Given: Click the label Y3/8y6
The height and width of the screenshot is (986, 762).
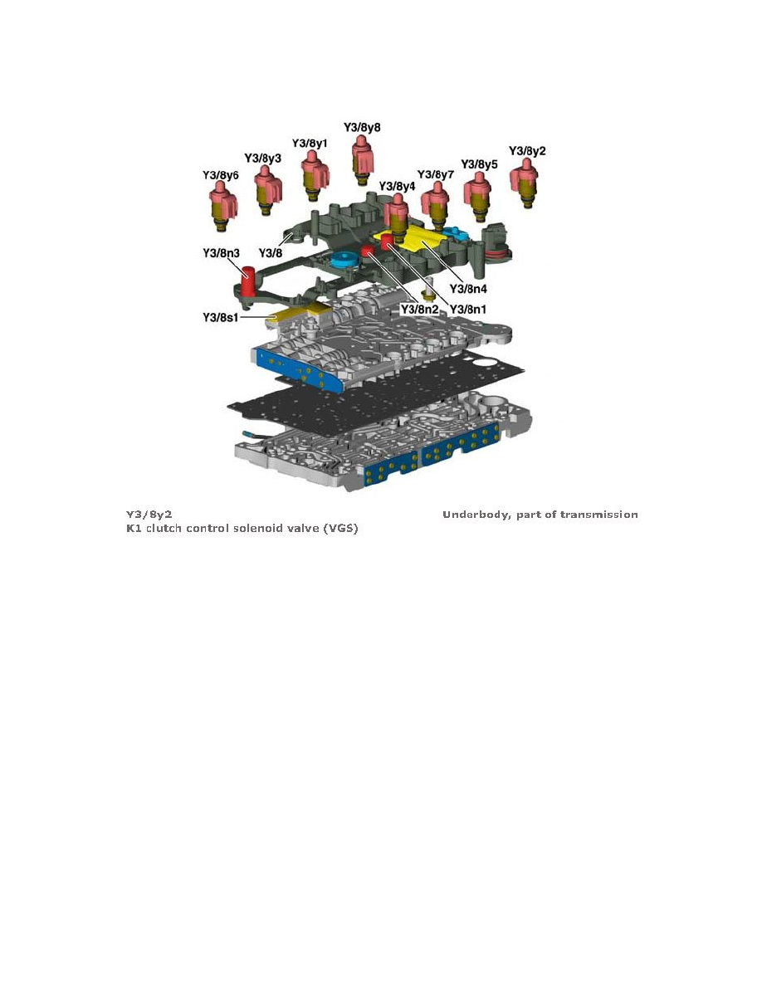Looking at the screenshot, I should [x=221, y=175].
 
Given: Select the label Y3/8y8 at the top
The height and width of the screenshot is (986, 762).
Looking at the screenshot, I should [x=362, y=128].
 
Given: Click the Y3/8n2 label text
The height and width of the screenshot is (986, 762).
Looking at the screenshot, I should [x=419, y=310].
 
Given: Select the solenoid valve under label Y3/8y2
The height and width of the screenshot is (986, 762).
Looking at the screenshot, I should [x=525, y=183].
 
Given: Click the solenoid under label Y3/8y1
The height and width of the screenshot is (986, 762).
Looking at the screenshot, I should [x=312, y=175].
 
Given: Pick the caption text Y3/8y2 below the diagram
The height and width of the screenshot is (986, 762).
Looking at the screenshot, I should [x=149, y=515].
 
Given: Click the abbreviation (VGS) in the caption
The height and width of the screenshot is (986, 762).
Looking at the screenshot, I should [x=339, y=529].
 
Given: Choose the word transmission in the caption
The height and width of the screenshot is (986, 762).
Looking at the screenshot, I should [x=599, y=515].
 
